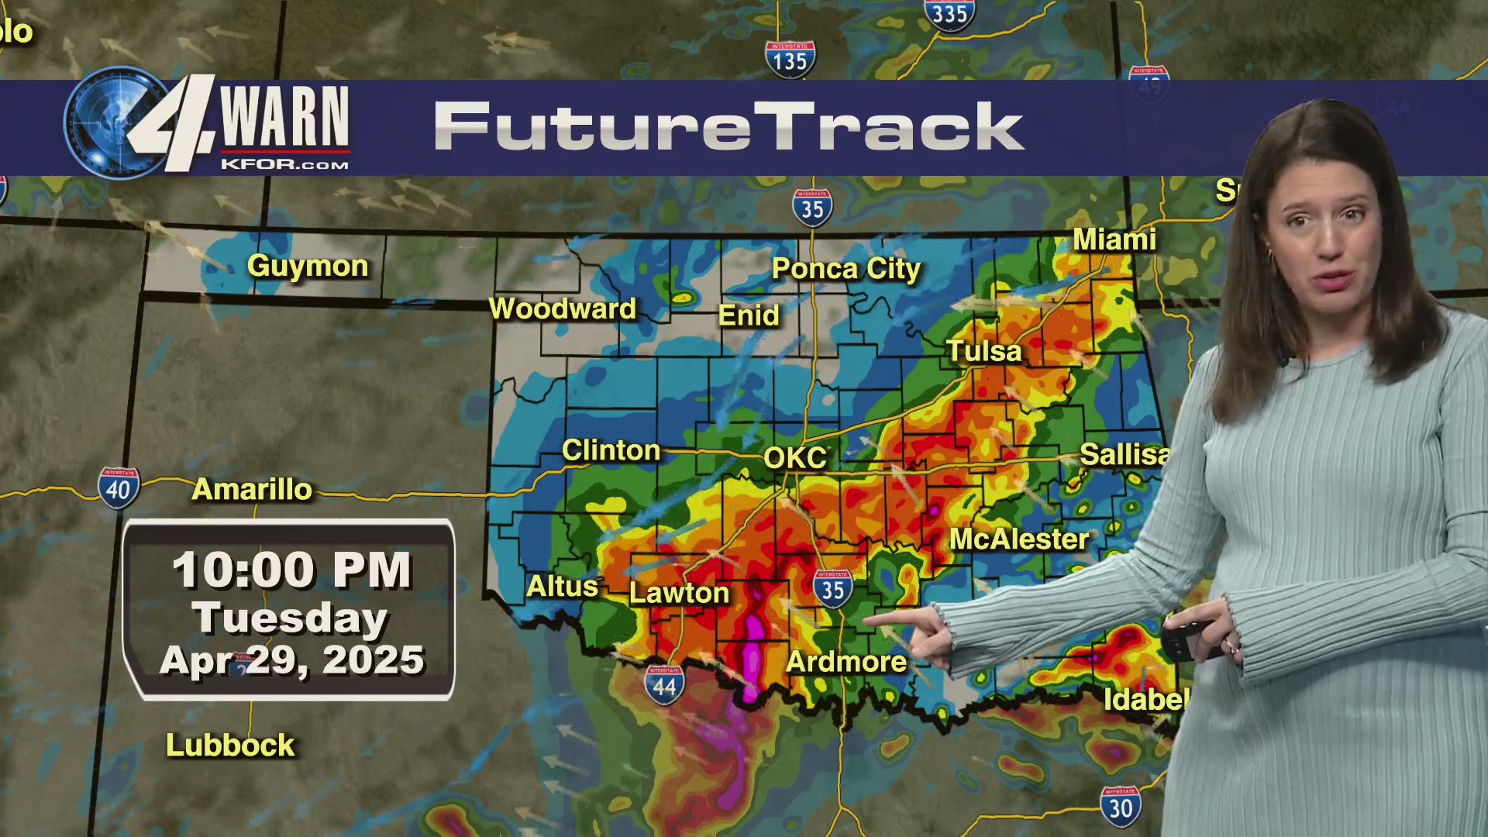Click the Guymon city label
(x=308, y=267)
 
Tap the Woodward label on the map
(x=563, y=309)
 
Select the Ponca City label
(x=846, y=269)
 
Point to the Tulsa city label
(x=984, y=352)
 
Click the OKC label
(x=795, y=458)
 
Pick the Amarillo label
(x=252, y=490)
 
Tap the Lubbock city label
(x=230, y=746)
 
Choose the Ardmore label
(x=846, y=662)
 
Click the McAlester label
(x=1019, y=539)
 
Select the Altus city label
(x=562, y=587)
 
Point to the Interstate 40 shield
(x=119, y=488)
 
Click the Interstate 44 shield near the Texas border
(x=664, y=685)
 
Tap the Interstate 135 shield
(x=790, y=60)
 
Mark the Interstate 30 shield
(x=1121, y=808)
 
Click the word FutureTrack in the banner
(x=728, y=126)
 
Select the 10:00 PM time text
(x=291, y=570)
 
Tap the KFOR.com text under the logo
(x=284, y=164)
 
